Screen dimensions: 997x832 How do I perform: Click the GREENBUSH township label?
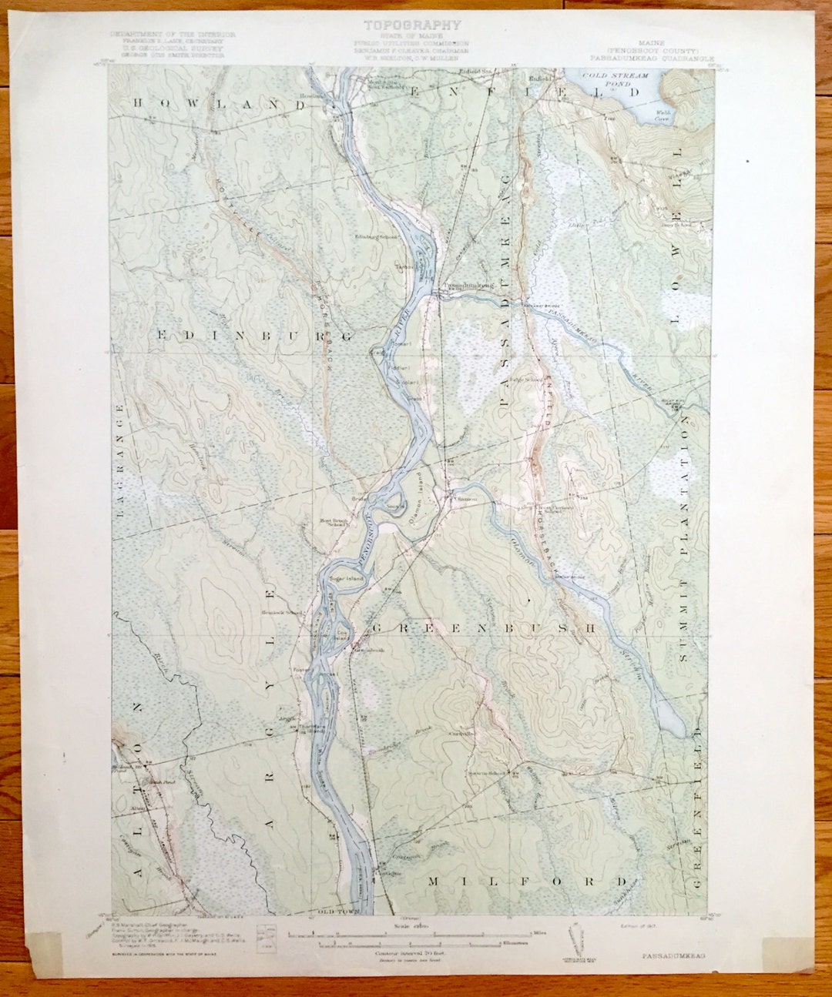(484, 628)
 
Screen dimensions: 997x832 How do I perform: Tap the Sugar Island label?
(345, 577)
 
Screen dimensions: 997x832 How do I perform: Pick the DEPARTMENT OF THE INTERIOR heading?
(173, 35)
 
